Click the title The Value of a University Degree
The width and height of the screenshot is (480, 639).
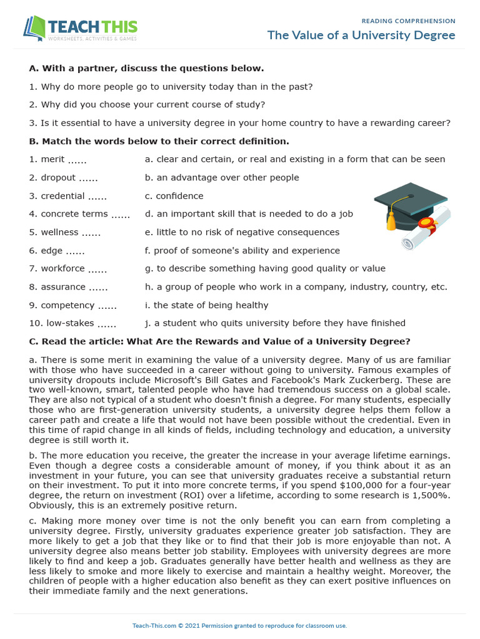361,35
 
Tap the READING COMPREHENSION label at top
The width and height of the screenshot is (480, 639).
408,21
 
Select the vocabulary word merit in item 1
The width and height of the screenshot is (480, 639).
52,159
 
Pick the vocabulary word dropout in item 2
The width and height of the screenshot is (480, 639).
58,177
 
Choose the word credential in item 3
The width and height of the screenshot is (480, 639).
62,196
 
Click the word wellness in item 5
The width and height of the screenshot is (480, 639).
59,232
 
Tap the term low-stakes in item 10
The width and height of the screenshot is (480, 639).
70,323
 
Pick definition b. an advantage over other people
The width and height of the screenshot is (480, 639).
222,177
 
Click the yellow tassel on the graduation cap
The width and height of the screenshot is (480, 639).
391,220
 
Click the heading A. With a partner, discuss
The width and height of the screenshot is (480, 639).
146,68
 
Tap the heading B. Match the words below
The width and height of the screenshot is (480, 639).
159,141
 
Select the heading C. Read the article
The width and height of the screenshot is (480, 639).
219,341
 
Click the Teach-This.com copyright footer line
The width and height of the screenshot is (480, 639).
239,625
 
